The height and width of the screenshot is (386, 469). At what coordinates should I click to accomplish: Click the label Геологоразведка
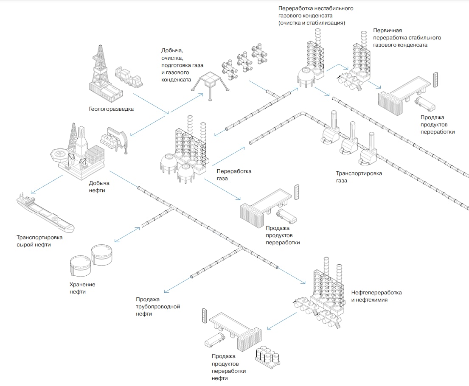click(111, 109)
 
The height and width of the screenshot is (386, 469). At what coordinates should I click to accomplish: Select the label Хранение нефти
click(82, 288)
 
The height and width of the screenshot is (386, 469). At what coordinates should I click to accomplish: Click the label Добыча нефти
click(99, 187)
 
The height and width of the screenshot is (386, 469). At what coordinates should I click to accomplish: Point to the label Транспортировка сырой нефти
click(39, 241)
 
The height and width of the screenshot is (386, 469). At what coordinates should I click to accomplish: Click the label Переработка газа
click(234, 175)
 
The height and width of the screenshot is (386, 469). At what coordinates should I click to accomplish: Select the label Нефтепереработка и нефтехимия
click(376, 296)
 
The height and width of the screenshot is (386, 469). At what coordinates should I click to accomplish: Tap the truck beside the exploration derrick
click(128, 77)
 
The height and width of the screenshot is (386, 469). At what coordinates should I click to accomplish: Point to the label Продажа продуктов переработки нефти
click(229, 366)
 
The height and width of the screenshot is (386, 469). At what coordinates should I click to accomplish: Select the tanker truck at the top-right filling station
click(425, 104)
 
